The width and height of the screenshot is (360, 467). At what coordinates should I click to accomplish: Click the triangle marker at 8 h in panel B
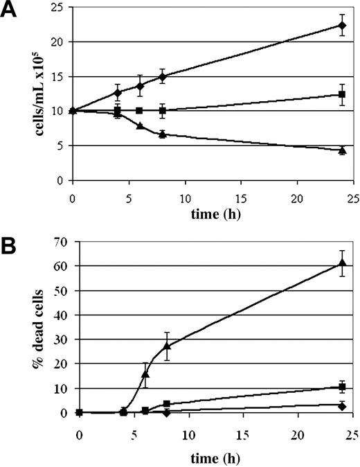[x=166, y=345]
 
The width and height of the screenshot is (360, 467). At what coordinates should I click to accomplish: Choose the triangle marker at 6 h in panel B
[x=145, y=373]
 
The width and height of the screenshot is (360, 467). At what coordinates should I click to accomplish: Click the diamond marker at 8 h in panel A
[x=162, y=76]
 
